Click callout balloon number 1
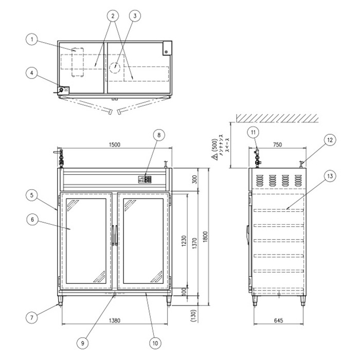pos(32,39)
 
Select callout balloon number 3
pos(135,16)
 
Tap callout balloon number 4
pos(32,73)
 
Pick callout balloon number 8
pos(159,135)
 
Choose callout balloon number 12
pos(331,139)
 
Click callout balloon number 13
pos(331,176)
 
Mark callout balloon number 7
pos(32,318)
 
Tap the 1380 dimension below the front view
pos(114,320)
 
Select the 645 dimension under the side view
pos(278,320)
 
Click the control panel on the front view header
pos(146,180)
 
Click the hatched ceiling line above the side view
pos(278,118)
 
